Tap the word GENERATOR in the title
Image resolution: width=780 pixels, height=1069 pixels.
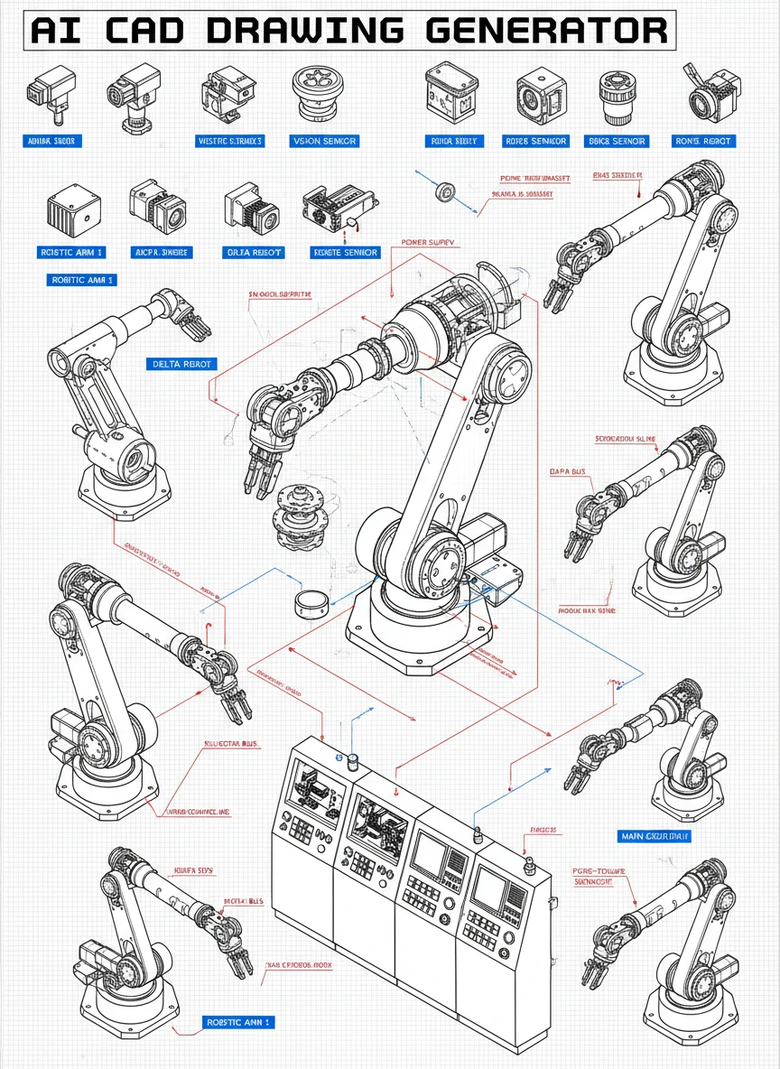click(x=546, y=30)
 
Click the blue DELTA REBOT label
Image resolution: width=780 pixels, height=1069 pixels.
click(x=181, y=364)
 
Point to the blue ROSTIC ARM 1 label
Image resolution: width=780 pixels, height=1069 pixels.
click(x=72, y=253)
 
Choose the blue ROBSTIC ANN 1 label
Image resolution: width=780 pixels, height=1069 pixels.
click(x=238, y=1022)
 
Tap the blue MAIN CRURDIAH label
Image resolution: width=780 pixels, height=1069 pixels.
click(x=655, y=836)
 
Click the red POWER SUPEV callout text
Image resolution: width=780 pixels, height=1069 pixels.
click(x=429, y=243)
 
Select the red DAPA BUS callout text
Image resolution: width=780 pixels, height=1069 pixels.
click(x=567, y=471)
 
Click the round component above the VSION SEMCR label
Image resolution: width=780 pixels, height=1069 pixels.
click(x=322, y=94)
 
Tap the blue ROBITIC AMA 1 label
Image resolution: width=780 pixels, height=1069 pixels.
click(x=81, y=281)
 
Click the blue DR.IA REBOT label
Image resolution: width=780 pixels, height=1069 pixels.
click(x=253, y=253)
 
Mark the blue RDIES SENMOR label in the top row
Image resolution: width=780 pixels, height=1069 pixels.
click(x=536, y=141)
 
